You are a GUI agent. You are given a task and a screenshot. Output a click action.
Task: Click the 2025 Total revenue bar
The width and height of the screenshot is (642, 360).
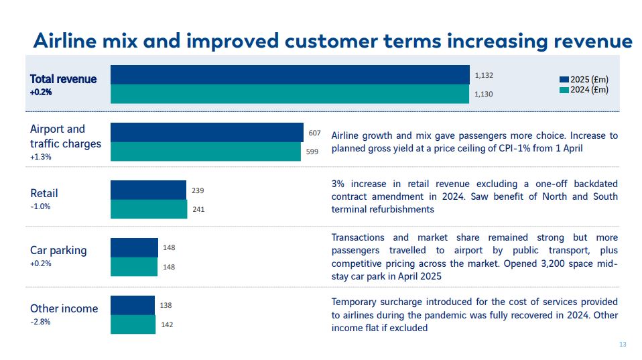pos(290,75)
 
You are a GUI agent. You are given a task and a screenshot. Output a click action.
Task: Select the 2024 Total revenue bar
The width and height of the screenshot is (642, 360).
pos(290,94)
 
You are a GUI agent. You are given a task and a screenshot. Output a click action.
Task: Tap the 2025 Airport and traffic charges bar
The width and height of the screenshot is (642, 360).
pos(206,133)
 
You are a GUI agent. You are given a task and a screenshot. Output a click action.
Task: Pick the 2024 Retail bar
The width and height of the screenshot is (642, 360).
pos(149,209)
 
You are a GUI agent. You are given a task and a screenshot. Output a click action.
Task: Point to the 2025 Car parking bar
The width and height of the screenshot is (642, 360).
pos(134,248)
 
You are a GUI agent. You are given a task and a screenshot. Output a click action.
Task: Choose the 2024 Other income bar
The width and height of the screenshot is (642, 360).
pos(133,324)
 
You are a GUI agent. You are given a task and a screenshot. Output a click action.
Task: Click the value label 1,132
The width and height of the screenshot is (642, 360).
pos(483,76)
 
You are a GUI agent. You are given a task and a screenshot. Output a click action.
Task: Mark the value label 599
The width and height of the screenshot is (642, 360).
pos(312,152)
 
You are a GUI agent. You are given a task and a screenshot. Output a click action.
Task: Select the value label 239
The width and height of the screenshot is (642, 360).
pos(198,190)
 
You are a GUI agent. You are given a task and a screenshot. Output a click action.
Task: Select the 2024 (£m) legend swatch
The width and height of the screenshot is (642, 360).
pos(564,90)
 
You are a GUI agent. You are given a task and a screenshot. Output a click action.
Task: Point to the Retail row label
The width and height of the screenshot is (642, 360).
pos(44,193)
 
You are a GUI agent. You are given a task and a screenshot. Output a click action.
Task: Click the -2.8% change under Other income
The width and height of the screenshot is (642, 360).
pos(40,322)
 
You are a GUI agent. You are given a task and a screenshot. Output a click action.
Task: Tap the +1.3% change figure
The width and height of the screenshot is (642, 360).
pos(41,157)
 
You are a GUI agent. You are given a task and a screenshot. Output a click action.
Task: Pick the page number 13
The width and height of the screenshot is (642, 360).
pos(623,345)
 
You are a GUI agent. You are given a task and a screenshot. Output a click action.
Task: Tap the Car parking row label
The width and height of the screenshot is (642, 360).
pos(58,250)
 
